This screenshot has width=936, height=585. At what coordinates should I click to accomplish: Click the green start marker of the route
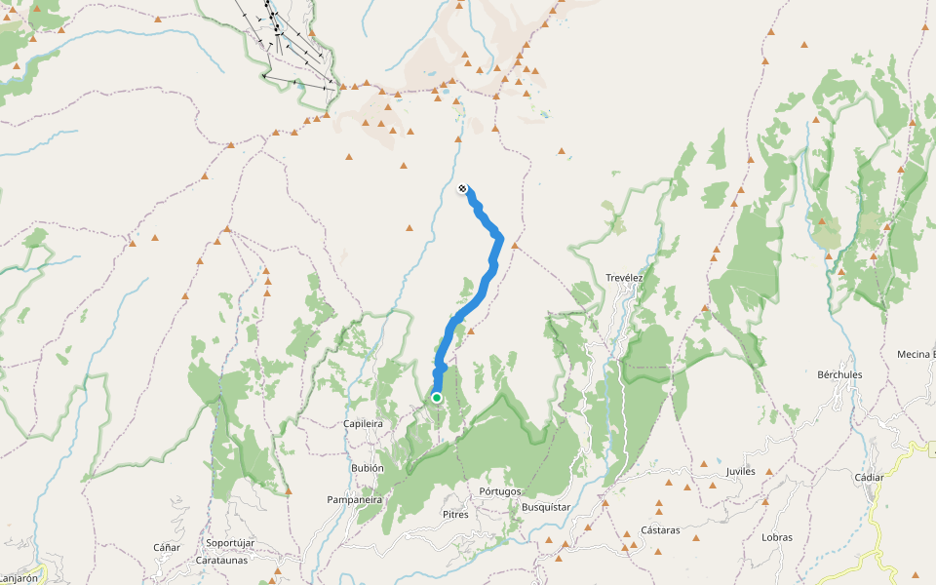click(x=437, y=398)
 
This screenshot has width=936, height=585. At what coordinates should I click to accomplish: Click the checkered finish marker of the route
click(x=462, y=189)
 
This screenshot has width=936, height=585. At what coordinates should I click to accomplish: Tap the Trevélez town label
click(x=624, y=277)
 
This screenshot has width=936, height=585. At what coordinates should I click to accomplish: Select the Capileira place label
click(x=364, y=424)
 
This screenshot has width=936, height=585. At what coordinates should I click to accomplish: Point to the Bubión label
click(x=368, y=468)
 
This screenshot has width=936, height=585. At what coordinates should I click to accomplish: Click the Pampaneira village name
click(x=354, y=499)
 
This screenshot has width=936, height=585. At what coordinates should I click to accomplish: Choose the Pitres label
click(x=455, y=514)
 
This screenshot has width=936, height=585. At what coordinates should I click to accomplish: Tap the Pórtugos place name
click(x=501, y=491)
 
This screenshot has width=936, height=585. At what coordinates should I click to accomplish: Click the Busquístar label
click(x=545, y=507)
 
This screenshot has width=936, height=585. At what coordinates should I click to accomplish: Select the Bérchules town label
click(x=839, y=374)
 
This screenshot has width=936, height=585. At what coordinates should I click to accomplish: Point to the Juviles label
click(x=741, y=471)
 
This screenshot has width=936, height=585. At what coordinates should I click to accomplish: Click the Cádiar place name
click(x=868, y=477)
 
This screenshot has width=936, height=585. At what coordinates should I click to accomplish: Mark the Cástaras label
click(x=660, y=530)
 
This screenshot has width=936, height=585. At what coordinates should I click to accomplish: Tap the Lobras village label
click(x=777, y=536)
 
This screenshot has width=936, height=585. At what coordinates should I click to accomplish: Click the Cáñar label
click(x=167, y=547)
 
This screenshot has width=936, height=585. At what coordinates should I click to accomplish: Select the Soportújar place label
click(x=230, y=542)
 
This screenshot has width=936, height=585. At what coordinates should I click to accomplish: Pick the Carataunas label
click(x=221, y=560)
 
